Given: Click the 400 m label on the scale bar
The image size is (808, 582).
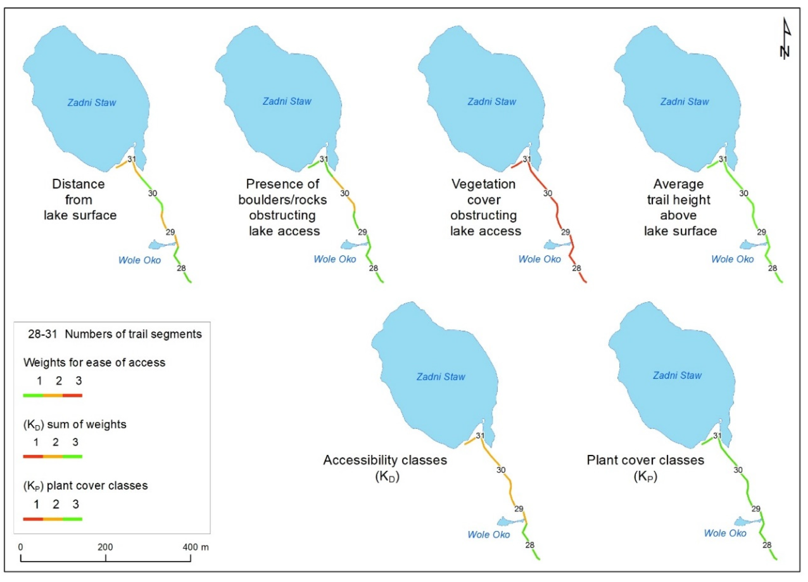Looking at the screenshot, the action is coord(196,547).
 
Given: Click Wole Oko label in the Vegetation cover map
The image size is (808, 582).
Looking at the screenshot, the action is coord(539,259).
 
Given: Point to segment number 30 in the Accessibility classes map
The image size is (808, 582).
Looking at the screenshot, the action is coord(501,470).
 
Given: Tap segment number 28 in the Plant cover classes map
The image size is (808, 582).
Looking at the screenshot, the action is coord(767,545).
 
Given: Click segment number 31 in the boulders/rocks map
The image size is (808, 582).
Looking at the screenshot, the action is coord(324,159).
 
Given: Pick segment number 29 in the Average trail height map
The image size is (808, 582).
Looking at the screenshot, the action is coord(761,232).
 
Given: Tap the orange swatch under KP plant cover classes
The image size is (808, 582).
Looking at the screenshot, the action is coord(53,519).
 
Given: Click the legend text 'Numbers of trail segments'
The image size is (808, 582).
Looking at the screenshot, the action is coord(133,334).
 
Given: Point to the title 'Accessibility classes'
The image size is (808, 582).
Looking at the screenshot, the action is coord(385,460).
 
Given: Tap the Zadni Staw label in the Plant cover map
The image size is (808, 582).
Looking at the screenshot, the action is coord(677,375).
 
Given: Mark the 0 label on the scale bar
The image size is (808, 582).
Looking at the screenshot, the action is coord(21,547).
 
